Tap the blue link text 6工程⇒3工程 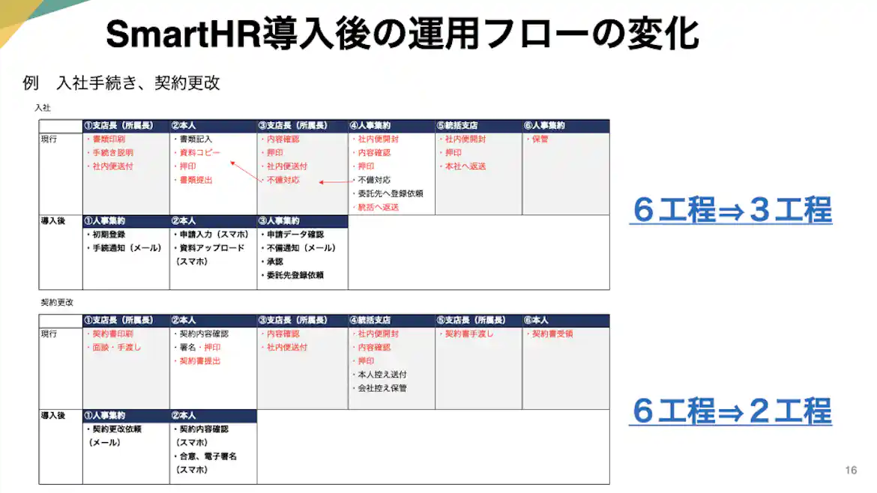(x=731, y=211)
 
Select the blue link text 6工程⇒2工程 (x=731, y=411)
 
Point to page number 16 (x=850, y=471)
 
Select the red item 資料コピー (x=199, y=153)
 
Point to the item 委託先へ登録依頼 (x=390, y=193)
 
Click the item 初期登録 (x=108, y=235)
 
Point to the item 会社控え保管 (x=382, y=388)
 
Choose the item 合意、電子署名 (x=207, y=456)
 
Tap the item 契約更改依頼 (x=115, y=429)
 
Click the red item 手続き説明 (x=112, y=153)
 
